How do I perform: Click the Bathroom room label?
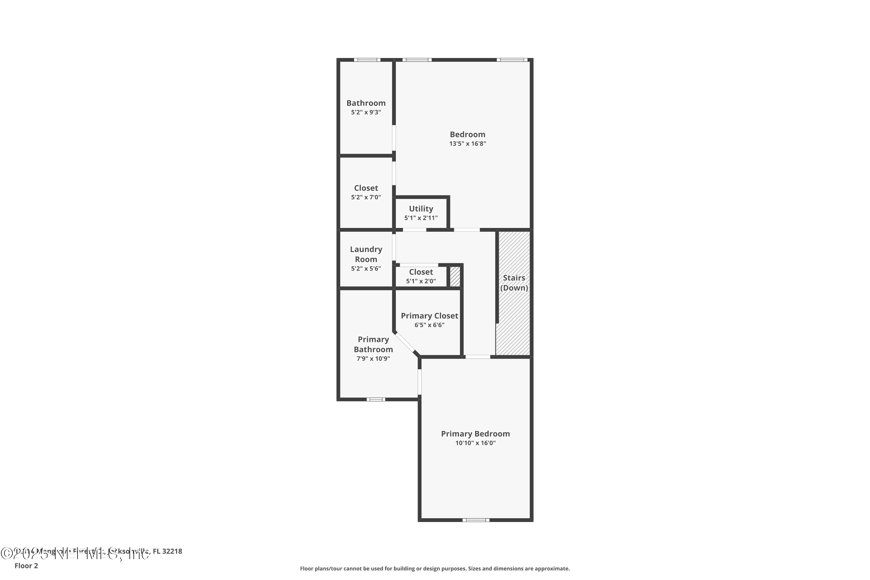[x=366, y=103]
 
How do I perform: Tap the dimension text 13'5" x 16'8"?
[x=467, y=144]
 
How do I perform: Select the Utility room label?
[x=421, y=209]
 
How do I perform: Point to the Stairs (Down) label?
[x=514, y=282]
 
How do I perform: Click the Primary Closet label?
[x=429, y=316]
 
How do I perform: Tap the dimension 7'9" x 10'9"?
[x=373, y=358]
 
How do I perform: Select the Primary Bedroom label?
[x=475, y=434]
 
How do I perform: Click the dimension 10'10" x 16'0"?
[x=475, y=443]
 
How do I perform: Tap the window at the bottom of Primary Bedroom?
[x=476, y=520]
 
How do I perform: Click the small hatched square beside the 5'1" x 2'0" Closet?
[x=455, y=277]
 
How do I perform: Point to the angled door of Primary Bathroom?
[x=405, y=342]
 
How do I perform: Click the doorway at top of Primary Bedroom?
[x=478, y=357]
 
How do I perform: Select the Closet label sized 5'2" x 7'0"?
[x=366, y=188]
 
